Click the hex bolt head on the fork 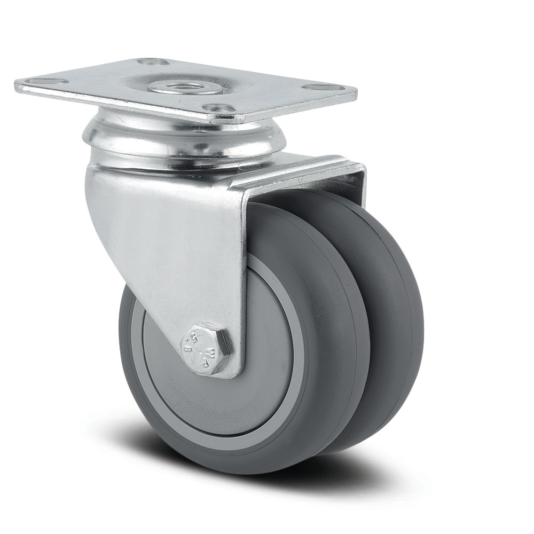pos(206,348)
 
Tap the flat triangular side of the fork pos(176,240)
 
